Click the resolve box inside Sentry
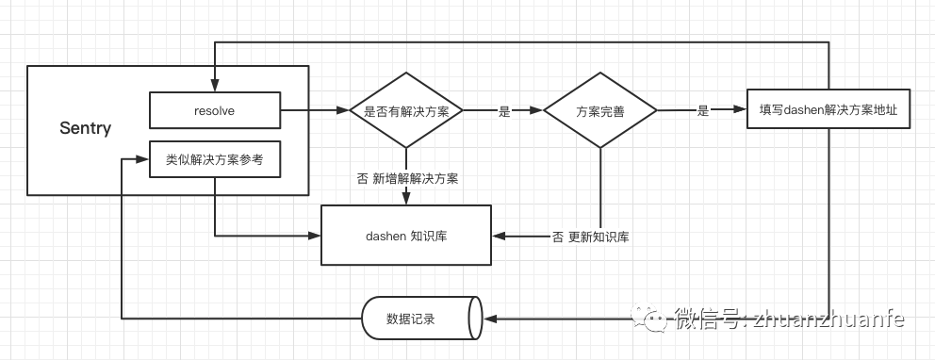point(215,110)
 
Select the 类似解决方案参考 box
point(215,160)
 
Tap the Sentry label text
point(85,128)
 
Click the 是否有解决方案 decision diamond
point(406,111)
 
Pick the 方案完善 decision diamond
point(600,111)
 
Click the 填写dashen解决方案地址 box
point(828,110)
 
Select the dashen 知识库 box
point(406,234)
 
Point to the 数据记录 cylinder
point(420,319)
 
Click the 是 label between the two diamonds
point(504,111)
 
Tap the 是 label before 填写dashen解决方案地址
point(702,111)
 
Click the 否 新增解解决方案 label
point(407,178)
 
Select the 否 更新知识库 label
point(590,237)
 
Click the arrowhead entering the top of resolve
point(215,86)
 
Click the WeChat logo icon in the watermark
point(649,319)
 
